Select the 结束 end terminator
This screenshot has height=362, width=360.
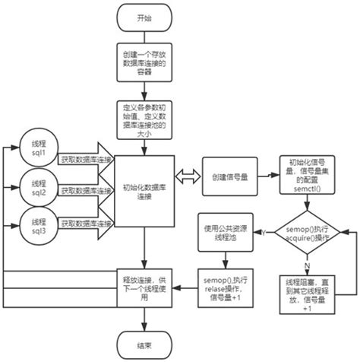point(144,345)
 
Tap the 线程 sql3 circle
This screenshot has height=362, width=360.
point(38,225)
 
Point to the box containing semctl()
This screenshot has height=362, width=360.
point(303,176)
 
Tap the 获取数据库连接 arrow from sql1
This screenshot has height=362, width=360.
point(86,158)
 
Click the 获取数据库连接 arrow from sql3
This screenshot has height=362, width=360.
point(86,224)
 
